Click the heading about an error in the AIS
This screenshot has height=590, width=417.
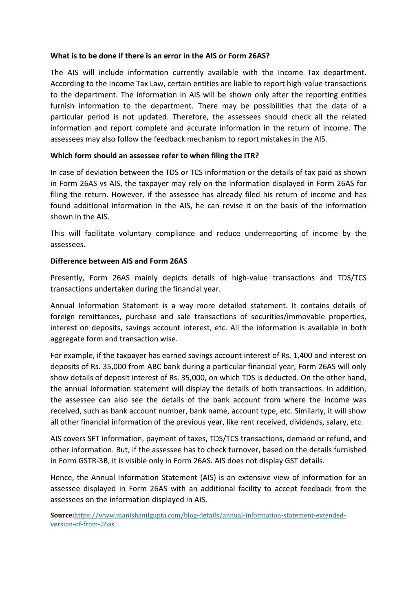click(160, 56)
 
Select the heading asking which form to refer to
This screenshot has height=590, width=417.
click(154, 156)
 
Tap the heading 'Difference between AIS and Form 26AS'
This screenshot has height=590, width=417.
click(119, 261)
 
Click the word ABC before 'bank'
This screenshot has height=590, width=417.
click(155, 367)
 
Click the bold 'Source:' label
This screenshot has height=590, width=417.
click(62, 515)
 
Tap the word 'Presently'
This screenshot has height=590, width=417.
click(67, 278)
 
